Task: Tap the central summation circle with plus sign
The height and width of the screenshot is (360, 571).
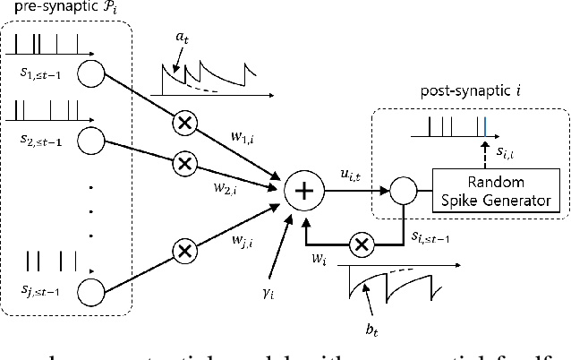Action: click(x=304, y=190)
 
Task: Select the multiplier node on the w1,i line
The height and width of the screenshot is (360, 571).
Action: click(x=185, y=124)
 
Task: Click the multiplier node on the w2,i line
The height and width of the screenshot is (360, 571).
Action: click(x=184, y=164)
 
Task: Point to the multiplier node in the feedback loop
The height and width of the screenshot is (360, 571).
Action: click(x=362, y=242)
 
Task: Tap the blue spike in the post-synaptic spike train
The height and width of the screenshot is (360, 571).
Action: click(x=483, y=126)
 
